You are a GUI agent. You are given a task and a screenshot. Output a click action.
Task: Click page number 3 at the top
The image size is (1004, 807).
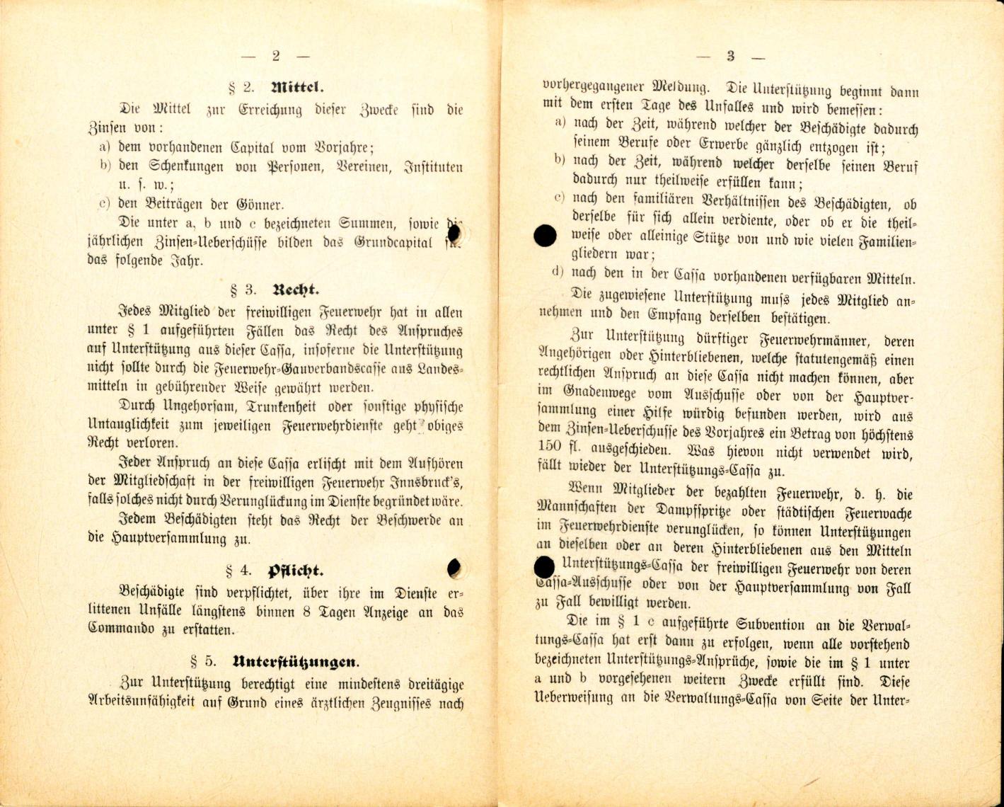coord(730,57)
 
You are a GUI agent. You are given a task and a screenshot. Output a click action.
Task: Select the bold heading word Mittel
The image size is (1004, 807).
coord(296,88)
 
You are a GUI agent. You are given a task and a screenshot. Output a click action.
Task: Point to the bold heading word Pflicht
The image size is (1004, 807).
coord(295,571)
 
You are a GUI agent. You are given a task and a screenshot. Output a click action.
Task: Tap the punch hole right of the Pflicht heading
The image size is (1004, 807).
coord(455,567)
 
